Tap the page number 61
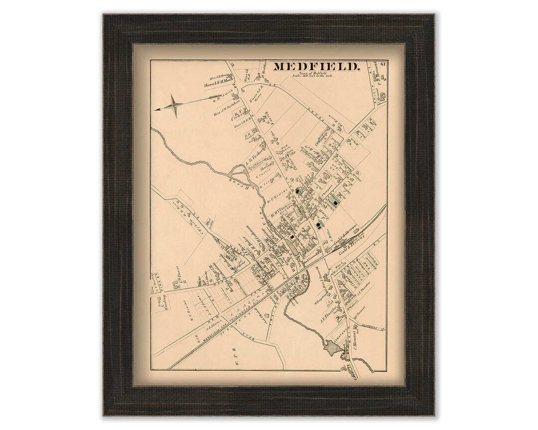coord(383,63)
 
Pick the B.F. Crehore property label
coord(236,115)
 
